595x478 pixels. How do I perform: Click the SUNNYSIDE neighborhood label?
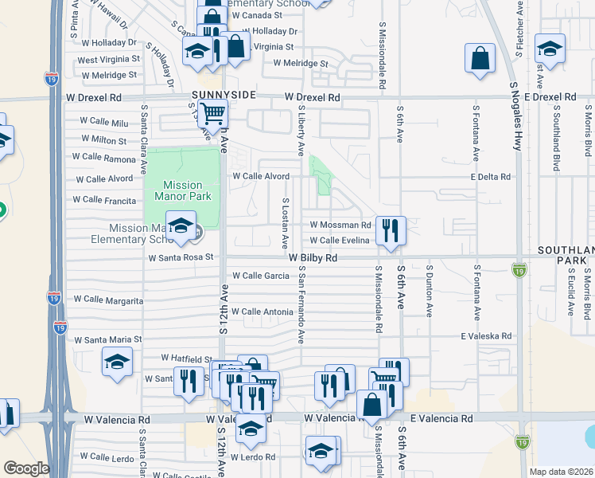[224, 95]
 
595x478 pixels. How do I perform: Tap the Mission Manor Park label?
[182, 190]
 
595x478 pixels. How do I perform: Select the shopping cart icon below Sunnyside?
[213, 115]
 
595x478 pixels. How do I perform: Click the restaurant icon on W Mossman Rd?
[390, 230]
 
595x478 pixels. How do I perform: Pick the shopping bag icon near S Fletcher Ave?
[480, 59]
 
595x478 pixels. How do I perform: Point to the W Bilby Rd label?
[313, 258]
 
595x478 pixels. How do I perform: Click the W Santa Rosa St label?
[181, 257]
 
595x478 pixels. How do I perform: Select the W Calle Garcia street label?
[260, 276]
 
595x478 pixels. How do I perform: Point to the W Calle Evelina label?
[340, 241]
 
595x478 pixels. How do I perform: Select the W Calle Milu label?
[103, 123]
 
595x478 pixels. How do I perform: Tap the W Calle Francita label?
[104, 200]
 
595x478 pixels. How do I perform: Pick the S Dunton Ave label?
[429, 289]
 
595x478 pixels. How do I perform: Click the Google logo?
[26, 468]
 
